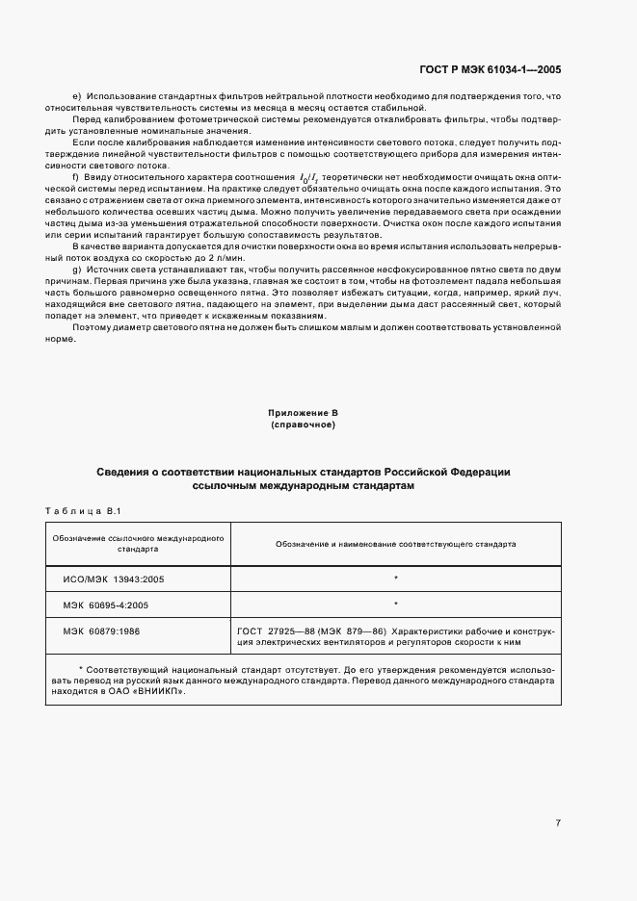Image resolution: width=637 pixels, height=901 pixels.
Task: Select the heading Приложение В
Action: [303, 413]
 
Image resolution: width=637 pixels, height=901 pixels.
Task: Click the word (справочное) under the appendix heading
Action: [303, 424]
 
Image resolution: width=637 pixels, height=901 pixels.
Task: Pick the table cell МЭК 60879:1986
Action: [101, 631]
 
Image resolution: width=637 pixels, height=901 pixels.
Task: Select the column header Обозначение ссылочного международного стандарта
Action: [139, 544]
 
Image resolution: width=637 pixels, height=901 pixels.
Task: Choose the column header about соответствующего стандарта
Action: [395, 544]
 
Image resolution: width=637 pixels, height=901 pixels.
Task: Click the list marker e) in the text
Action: [76, 96]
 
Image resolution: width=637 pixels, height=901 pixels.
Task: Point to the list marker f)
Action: [75, 178]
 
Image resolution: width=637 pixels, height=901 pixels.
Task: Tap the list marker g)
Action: [76, 271]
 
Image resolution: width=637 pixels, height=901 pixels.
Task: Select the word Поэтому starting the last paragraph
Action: [91, 328]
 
